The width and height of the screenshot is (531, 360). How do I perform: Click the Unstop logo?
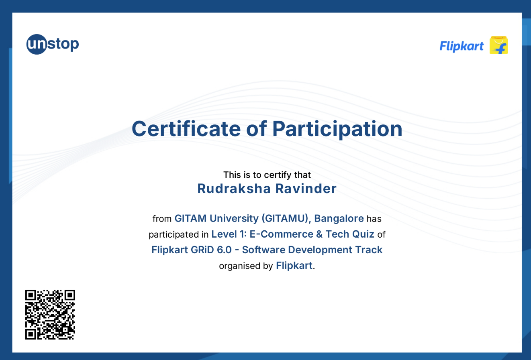pos(52,44)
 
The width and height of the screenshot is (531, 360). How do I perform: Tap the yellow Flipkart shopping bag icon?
pos(498,45)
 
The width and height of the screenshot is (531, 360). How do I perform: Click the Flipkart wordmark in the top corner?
pos(462,46)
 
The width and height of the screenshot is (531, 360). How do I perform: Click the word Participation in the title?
pos(337,129)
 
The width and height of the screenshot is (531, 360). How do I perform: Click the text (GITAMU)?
pos(286,218)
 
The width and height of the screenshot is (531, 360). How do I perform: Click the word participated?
pos(174,234)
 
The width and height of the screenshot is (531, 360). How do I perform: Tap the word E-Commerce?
pos(281,234)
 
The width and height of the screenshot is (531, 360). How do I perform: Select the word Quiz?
pos(363,234)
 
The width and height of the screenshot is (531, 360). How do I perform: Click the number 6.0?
pos(224,250)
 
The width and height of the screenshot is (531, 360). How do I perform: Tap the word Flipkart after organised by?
pos(294,266)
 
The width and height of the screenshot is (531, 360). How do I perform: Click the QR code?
pos(50,314)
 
